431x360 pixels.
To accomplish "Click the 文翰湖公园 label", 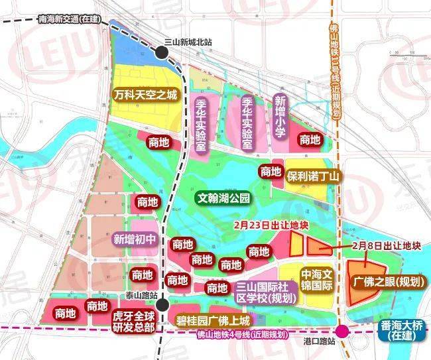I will coord(223,198).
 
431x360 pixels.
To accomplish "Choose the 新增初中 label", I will coord(136,239).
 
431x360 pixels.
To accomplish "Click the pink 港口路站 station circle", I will coord(343,331).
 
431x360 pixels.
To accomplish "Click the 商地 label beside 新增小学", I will coord(310,140).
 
